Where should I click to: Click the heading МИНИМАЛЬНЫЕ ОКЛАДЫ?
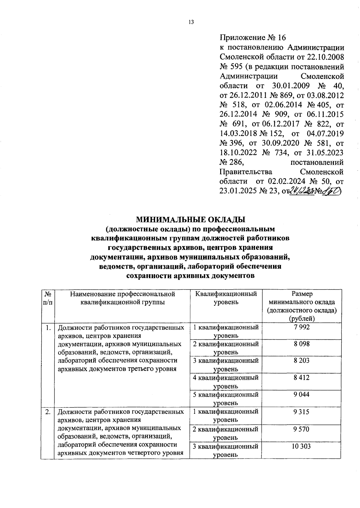click(190, 219)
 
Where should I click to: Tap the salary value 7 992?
click(301, 327)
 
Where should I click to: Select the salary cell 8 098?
click(301, 344)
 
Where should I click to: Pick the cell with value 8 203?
click(301, 361)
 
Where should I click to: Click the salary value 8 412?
click(301, 377)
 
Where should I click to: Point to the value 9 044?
click(301, 395)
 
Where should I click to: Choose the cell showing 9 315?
click(301, 412)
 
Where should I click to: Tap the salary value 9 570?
click(301, 429)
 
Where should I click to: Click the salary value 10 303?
click(301, 446)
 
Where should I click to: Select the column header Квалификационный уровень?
click(226, 298)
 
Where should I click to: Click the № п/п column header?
click(47, 298)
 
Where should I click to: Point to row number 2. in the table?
click(48, 412)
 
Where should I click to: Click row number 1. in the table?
click(48, 327)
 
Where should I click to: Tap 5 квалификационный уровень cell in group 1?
click(226, 398)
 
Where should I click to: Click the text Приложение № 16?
click(253, 38)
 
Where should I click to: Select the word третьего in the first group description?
click(143, 369)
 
